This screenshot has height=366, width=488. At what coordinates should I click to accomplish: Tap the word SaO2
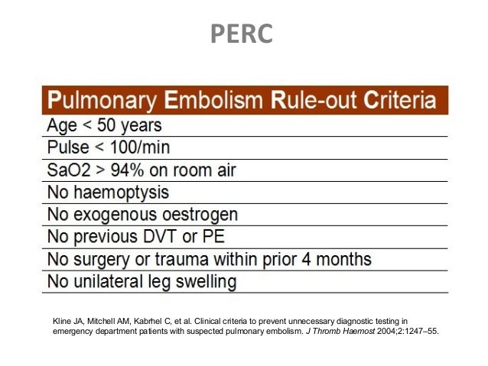[67, 169]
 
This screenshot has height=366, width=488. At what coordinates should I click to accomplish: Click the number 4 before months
[304, 258]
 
